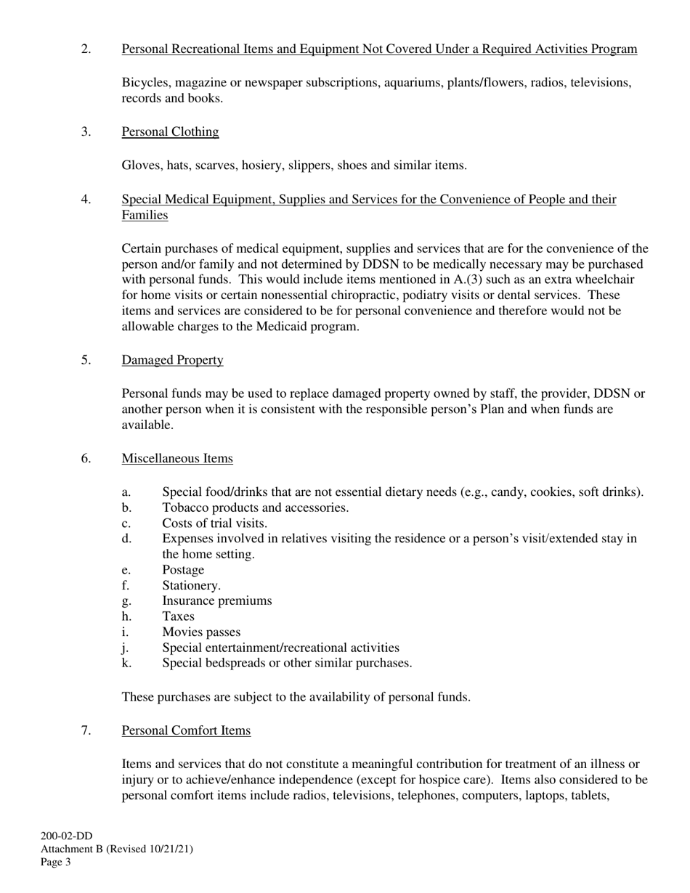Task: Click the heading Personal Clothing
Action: click(x=170, y=131)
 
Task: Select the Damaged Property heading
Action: click(x=172, y=360)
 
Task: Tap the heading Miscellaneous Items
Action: click(x=177, y=458)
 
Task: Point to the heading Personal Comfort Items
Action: click(x=186, y=730)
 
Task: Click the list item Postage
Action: click(x=183, y=570)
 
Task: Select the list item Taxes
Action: click(x=178, y=616)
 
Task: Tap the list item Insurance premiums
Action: click(x=216, y=600)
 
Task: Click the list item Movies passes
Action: click(x=201, y=632)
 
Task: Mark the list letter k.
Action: click(x=126, y=663)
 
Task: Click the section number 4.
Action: click(x=86, y=199)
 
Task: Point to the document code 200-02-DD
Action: click(x=66, y=836)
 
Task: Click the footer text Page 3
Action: click(x=55, y=863)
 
